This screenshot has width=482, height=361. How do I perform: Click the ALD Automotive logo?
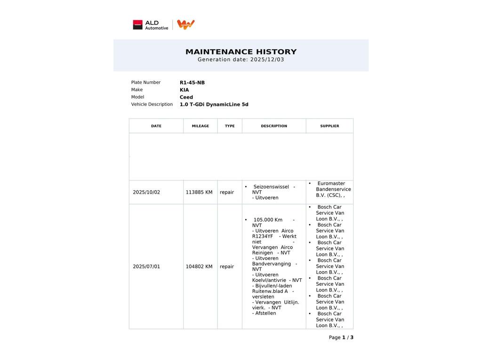[x=150, y=25]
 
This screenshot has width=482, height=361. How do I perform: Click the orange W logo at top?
[x=186, y=24]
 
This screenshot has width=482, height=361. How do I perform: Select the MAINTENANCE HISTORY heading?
[x=241, y=52]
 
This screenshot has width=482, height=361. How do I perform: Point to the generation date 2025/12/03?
[x=267, y=60]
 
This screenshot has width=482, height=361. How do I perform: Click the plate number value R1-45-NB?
[x=192, y=83]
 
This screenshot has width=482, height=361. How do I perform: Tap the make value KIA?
[x=184, y=90]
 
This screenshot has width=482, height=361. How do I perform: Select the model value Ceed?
[x=186, y=97]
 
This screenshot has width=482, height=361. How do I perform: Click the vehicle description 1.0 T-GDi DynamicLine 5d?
[x=214, y=104]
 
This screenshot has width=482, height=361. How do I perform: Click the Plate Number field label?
[x=146, y=82]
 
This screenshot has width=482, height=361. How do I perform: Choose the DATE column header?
[x=156, y=126]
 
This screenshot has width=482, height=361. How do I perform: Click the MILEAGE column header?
[x=200, y=126]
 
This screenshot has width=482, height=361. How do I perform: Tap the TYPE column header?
[x=230, y=126]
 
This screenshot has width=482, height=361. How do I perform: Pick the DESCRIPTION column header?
[x=274, y=126]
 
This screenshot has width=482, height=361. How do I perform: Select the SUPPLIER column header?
[x=329, y=126]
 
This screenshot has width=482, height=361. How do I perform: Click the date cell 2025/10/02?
[x=146, y=192]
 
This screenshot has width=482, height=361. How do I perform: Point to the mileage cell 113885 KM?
[x=199, y=192]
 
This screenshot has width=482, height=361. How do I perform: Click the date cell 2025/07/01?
[x=146, y=267]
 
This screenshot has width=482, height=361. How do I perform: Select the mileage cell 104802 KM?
[x=199, y=267]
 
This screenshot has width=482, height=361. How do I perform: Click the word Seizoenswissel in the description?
[x=271, y=187]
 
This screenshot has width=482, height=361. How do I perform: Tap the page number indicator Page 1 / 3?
[x=341, y=337]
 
